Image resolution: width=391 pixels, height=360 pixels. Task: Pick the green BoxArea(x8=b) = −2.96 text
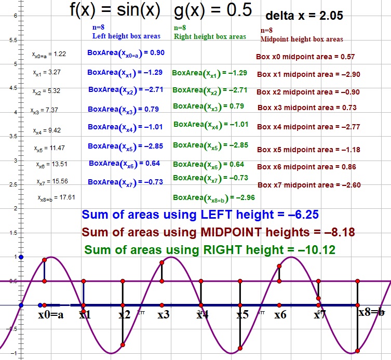213,197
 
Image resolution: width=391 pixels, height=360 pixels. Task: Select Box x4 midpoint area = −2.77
309,127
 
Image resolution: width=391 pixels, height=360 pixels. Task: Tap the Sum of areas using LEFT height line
200,215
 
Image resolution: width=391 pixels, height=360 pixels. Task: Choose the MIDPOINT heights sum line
218,232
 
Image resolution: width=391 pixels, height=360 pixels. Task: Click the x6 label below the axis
280,314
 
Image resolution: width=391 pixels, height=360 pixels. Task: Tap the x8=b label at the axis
371,313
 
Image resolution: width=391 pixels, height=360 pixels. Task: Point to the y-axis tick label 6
16,16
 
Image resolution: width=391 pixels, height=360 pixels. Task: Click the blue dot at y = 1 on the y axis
21,257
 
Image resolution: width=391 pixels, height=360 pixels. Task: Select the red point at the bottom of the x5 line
240,348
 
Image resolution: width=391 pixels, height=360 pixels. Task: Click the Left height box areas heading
126,36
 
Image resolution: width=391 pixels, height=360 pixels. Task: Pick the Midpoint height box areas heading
301,39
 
